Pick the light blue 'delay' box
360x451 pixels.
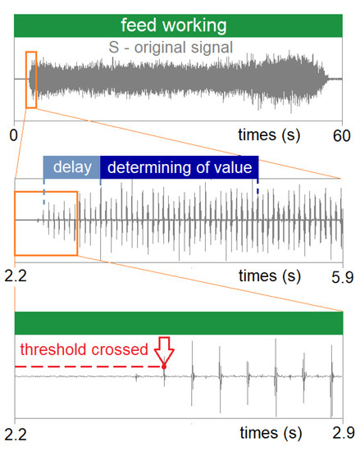71,168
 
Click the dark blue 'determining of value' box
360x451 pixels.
179,168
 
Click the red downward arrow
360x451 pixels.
165,349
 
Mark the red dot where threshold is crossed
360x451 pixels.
165,366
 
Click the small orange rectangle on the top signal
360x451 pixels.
31,80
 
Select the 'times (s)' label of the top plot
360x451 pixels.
273,134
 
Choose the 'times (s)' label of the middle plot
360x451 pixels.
273,277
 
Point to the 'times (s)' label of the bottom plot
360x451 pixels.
273,431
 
